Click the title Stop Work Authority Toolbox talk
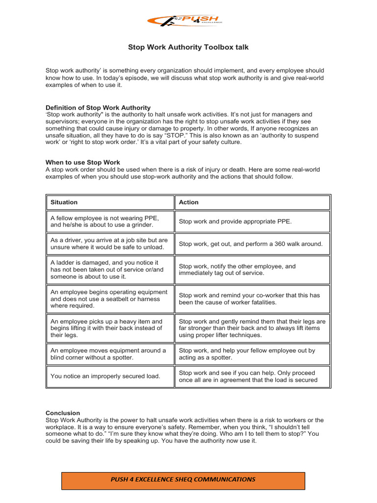(188, 47)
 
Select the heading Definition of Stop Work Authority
(98, 108)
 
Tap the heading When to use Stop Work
(83, 162)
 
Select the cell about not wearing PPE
(110, 222)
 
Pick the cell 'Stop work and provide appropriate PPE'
(252, 222)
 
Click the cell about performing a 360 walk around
(252, 244)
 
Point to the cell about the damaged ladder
(110, 270)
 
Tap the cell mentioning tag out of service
(252, 270)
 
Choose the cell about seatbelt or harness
(110, 299)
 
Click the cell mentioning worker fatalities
(252, 299)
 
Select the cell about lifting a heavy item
(110, 328)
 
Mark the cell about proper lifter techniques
(252, 328)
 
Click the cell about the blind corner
(110, 354)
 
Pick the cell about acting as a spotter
(252, 354)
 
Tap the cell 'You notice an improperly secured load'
(110, 376)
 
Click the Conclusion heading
(63, 413)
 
